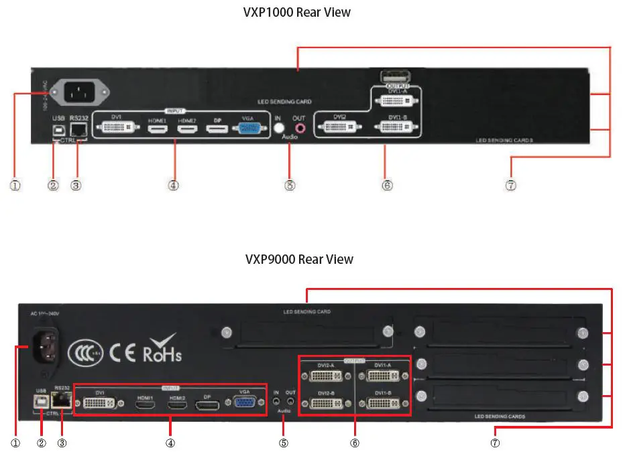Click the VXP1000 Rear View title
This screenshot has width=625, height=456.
click(296, 12)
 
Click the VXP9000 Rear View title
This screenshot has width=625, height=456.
click(298, 259)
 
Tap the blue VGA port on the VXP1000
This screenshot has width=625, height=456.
click(251, 128)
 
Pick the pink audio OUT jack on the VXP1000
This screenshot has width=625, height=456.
click(299, 127)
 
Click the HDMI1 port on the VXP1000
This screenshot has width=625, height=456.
click(157, 127)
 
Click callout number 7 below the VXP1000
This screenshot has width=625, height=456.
click(511, 185)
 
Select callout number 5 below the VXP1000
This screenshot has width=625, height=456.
click(290, 185)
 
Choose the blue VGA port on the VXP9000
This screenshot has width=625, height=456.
click(245, 403)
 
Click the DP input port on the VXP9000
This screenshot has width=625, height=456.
click(208, 405)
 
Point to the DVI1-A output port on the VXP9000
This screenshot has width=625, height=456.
click(381, 376)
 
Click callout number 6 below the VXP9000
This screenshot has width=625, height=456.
click(355, 443)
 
